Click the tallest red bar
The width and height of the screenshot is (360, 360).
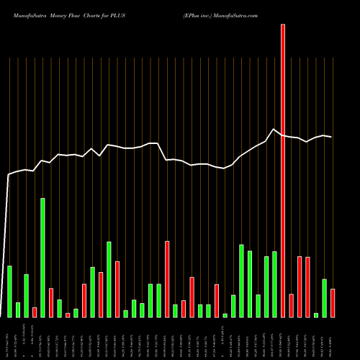[x=283, y=171]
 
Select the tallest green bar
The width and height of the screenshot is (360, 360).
[x=42, y=258]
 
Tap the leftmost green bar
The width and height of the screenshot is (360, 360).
[x=9, y=292]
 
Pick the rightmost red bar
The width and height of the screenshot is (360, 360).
[x=333, y=303]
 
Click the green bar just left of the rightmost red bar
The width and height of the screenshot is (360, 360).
[x=325, y=298]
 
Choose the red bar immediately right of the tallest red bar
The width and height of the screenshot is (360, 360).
[x=291, y=306]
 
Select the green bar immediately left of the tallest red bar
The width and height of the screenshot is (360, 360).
[x=274, y=284]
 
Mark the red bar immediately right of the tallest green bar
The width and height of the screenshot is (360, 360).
[x=51, y=303]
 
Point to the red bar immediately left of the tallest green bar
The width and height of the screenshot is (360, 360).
[x=35, y=312]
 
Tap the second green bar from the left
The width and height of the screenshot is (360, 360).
[x=18, y=310]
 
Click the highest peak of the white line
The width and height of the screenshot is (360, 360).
[x=274, y=130]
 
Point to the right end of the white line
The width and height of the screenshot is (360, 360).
[x=332, y=137]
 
